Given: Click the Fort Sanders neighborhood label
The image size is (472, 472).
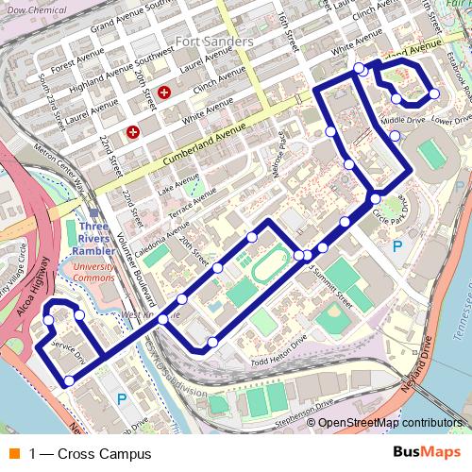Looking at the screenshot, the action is point(213,42).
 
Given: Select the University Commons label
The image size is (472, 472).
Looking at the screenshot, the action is point(94,272).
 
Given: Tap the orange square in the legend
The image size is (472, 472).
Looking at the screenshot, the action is point(12,454).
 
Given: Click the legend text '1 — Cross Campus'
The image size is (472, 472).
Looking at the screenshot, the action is point(90,454).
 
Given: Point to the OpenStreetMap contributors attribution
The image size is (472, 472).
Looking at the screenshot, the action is point(390,424).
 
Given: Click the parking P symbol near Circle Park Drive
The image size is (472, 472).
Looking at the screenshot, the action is point(396,246).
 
